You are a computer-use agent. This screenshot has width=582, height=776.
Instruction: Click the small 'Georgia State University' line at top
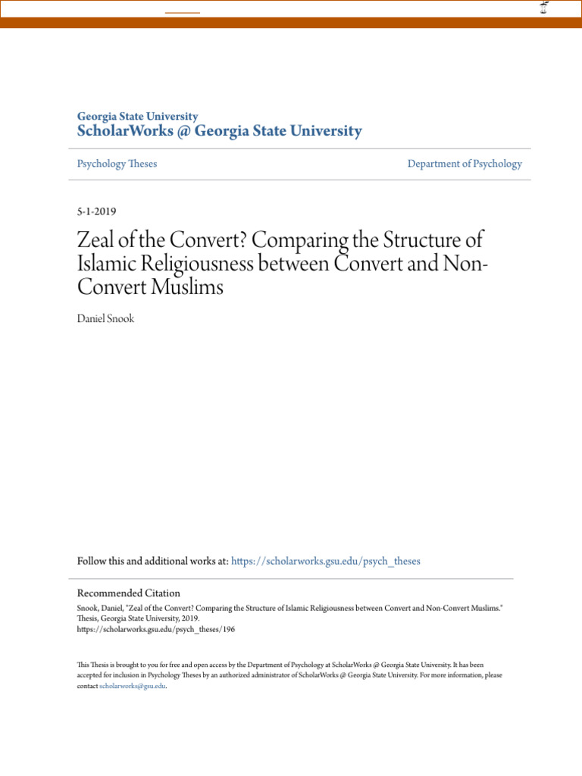(x=137, y=117)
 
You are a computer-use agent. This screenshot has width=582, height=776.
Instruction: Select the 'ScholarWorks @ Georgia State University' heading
(x=219, y=132)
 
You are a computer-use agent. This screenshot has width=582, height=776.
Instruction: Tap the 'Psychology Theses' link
(x=117, y=164)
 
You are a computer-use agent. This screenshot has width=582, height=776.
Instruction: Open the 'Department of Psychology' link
(x=464, y=164)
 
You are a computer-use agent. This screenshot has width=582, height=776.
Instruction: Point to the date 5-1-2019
(x=96, y=211)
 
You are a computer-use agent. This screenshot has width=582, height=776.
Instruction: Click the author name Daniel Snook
(x=105, y=319)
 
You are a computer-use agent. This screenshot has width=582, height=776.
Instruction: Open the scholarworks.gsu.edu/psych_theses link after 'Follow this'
(x=325, y=562)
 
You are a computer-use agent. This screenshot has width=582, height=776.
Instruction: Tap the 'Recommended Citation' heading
(x=129, y=593)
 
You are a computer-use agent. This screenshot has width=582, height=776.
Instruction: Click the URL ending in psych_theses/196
(x=156, y=629)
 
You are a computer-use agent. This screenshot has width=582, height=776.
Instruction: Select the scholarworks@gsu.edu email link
(x=133, y=686)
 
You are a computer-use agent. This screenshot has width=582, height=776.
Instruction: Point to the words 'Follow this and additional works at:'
(x=152, y=562)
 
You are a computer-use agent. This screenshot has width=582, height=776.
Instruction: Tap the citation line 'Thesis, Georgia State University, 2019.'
(x=139, y=618)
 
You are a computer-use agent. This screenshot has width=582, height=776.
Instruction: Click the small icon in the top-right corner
(x=543, y=8)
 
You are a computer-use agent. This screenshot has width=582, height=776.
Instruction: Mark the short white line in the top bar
(x=183, y=13)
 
